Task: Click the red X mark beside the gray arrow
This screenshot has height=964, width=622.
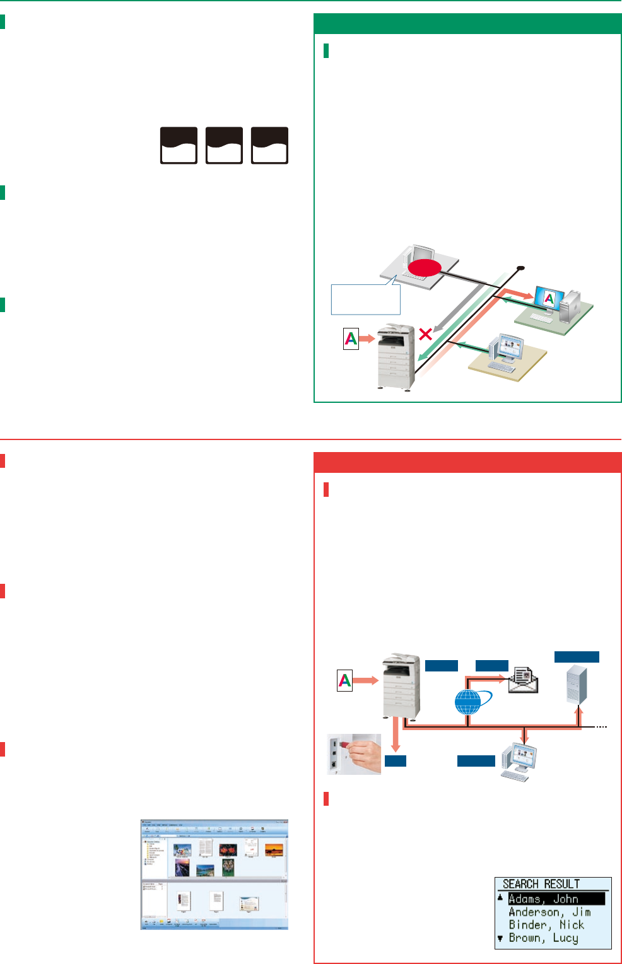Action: click(x=426, y=334)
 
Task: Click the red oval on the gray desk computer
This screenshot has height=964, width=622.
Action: click(x=423, y=269)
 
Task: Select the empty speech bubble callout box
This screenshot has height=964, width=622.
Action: click(x=365, y=299)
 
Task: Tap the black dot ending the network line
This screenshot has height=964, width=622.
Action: click(x=520, y=268)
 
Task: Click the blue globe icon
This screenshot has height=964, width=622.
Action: click(x=467, y=702)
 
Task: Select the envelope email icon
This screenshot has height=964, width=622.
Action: click(x=524, y=680)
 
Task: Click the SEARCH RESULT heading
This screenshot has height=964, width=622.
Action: click(x=541, y=884)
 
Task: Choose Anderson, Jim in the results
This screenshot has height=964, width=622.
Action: click(x=549, y=912)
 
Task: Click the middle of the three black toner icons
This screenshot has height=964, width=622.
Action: click(x=224, y=146)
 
